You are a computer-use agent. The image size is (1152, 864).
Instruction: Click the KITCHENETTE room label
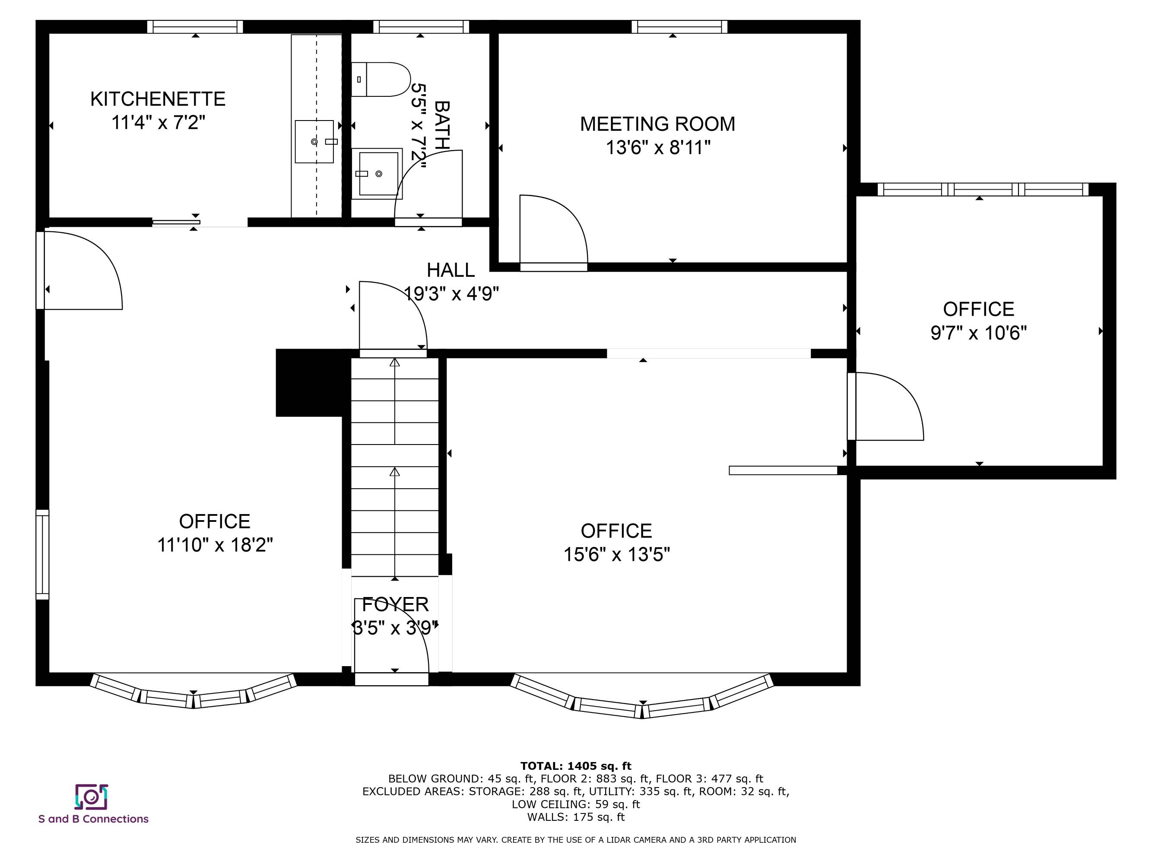click(158, 99)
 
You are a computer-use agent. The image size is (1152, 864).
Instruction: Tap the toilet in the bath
click(381, 79)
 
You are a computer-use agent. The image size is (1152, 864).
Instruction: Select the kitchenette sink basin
click(314, 142)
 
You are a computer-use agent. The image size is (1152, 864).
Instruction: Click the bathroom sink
click(377, 173)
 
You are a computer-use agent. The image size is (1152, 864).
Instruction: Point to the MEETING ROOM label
click(658, 124)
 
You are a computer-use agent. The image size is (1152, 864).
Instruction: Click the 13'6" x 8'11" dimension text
click(658, 148)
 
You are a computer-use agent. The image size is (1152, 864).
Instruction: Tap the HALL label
click(451, 270)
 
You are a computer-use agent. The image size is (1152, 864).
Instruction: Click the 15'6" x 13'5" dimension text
click(617, 555)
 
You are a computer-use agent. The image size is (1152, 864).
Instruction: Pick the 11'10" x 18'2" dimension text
click(215, 545)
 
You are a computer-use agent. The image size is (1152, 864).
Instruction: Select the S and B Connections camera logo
click(91, 797)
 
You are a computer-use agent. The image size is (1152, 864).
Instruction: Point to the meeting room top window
click(679, 26)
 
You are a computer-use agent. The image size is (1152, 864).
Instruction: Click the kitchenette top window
click(195, 26)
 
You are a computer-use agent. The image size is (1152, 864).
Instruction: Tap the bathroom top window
click(421, 26)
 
